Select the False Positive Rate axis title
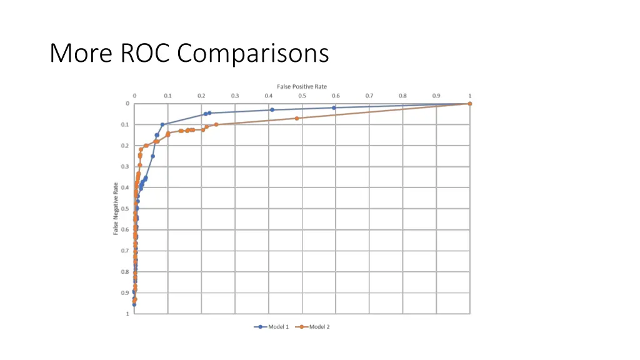tap(302, 86)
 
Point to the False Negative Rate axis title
tap(116, 208)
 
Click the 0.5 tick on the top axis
tap(302, 96)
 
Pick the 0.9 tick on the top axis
tap(436, 96)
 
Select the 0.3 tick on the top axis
tap(234, 96)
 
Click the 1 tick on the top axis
tap(470, 96)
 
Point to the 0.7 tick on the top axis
tap(369, 96)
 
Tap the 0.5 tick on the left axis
tap(126, 209)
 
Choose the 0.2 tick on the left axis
tap(126, 146)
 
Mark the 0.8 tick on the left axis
tap(126, 272)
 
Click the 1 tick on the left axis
tap(127, 314)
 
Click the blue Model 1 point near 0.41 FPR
tap(272, 110)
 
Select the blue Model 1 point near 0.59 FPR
tap(334, 107)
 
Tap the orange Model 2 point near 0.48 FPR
tap(297, 118)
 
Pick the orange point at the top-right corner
tap(470, 104)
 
